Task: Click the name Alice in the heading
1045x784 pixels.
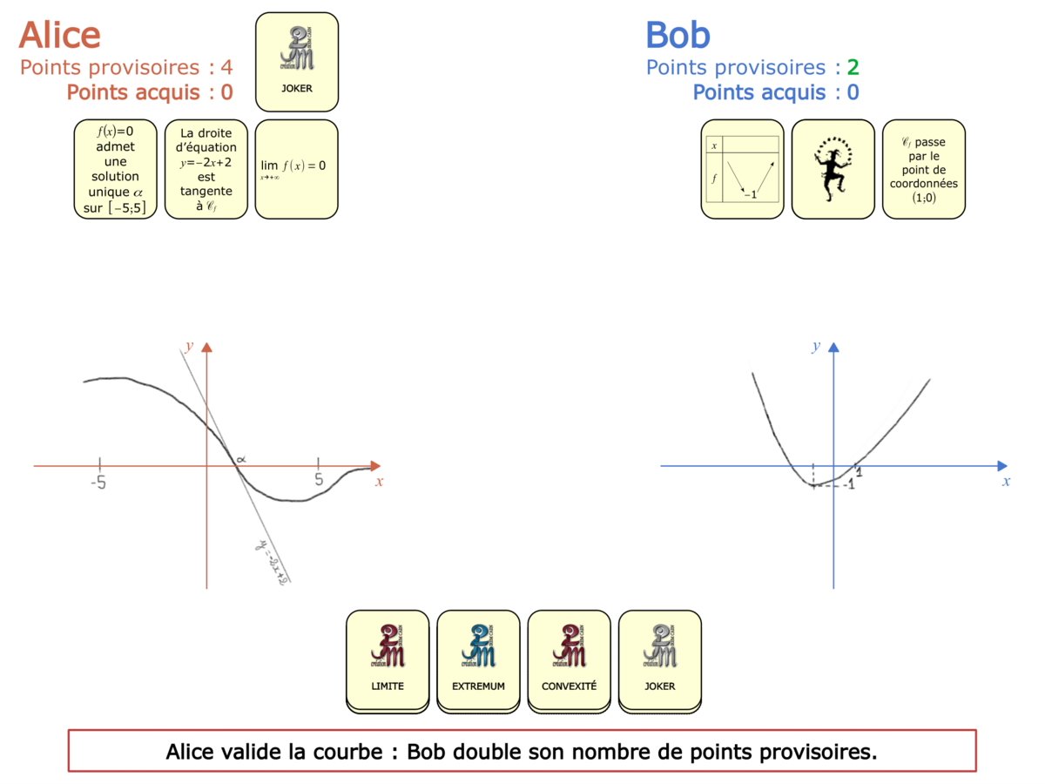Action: pyautogui.click(x=59, y=35)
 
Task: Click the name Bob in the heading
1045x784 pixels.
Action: pyautogui.click(x=678, y=35)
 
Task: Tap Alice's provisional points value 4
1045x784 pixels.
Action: pyautogui.click(x=226, y=68)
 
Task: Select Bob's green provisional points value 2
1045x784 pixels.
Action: pyautogui.click(x=853, y=68)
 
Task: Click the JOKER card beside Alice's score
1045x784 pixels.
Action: pyautogui.click(x=296, y=62)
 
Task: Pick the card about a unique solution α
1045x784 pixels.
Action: pyautogui.click(x=116, y=169)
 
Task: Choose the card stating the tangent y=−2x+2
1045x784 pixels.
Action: pyautogui.click(x=206, y=169)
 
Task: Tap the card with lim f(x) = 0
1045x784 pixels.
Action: pyautogui.click(x=296, y=169)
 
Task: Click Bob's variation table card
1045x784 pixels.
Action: pyautogui.click(x=742, y=169)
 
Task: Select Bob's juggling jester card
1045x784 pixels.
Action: pyautogui.click(x=833, y=169)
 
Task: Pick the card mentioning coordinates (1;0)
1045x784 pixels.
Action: pyautogui.click(x=923, y=169)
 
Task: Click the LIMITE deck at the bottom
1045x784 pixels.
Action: pyautogui.click(x=388, y=659)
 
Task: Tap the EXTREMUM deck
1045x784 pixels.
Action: pyautogui.click(x=478, y=659)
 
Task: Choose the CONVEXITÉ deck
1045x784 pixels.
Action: pyautogui.click(x=569, y=659)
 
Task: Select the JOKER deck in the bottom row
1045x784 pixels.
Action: pyautogui.click(x=659, y=659)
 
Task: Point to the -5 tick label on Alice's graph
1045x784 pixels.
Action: pyautogui.click(x=98, y=481)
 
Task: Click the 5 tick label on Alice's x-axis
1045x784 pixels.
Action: pyautogui.click(x=319, y=480)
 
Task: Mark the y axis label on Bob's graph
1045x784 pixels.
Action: pyautogui.click(x=816, y=347)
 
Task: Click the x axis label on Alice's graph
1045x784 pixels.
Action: pyautogui.click(x=379, y=482)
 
